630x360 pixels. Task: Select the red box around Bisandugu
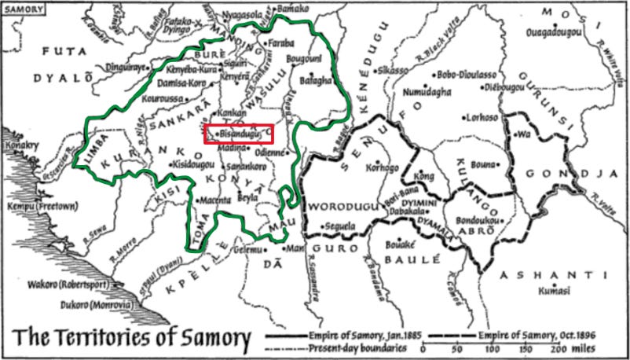239,134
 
